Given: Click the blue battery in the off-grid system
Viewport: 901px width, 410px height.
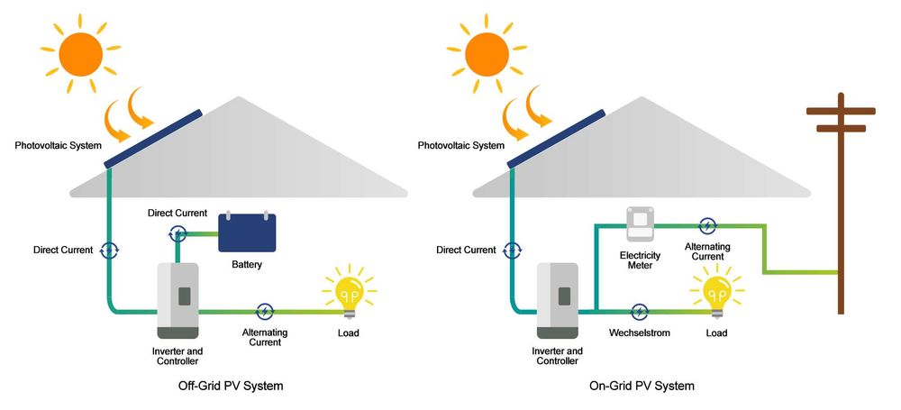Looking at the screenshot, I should point(247,232).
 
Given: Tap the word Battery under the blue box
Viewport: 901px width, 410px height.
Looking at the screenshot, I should point(247,266).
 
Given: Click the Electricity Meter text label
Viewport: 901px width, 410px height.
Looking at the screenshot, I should point(640,261).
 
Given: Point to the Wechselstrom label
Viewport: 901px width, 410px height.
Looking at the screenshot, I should point(638,333).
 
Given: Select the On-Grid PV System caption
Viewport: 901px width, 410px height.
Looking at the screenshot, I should point(642,386).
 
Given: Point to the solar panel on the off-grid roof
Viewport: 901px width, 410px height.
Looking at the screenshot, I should point(153,138).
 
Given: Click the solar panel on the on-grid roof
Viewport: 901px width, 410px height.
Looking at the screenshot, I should point(556,138).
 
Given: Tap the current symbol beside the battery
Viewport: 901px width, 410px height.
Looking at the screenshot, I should point(177,233).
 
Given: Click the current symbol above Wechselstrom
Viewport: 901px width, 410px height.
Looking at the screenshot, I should point(639,312).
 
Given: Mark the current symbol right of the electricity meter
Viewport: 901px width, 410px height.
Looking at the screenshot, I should point(708,225).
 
